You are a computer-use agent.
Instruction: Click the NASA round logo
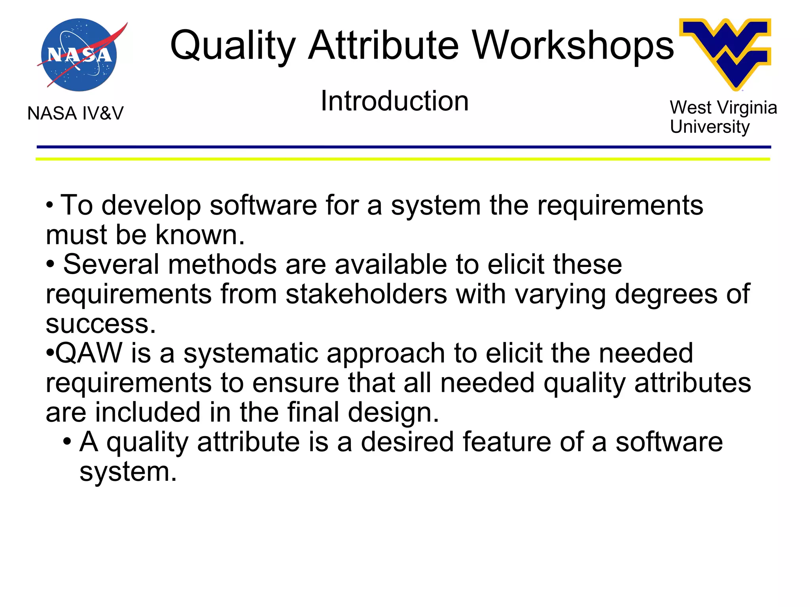coord(79,55)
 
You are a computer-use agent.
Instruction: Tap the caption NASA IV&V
coord(75,113)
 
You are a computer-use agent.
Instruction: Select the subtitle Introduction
coord(394,101)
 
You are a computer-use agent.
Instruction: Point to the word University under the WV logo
coord(710,127)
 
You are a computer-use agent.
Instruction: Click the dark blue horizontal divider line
coord(403,147)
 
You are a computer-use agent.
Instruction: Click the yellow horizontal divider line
coord(403,159)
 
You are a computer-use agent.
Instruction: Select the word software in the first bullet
coord(263,206)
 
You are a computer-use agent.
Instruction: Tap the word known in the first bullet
coord(200,235)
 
